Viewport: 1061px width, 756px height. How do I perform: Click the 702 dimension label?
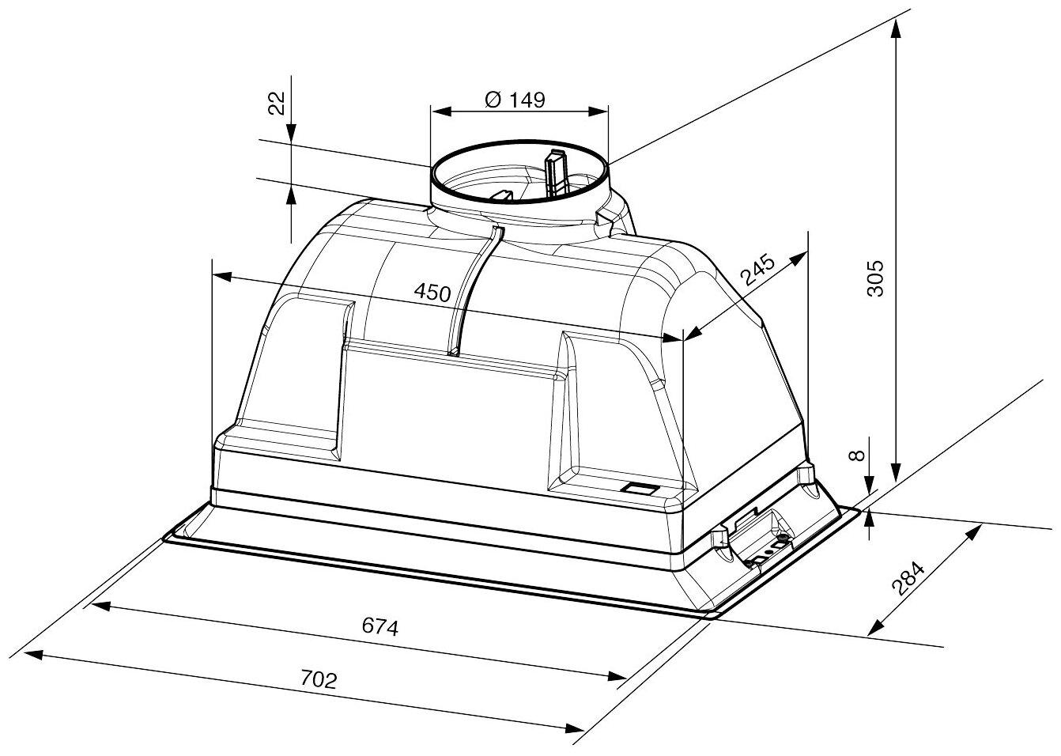point(319,679)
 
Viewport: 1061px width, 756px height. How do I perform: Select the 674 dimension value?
point(379,627)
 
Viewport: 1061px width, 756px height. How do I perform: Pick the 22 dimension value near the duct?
point(275,104)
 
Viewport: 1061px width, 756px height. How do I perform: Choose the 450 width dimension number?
point(432,292)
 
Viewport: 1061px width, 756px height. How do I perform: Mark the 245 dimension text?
point(757,270)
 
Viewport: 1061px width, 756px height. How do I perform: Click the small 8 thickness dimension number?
point(855,456)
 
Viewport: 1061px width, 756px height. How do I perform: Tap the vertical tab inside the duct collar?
point(556,170)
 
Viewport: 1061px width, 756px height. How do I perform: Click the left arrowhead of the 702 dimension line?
point(32,654)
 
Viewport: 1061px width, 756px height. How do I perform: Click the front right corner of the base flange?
point(711,616)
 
